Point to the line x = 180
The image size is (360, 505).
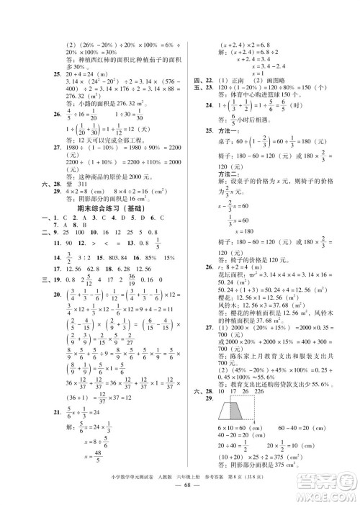point(232,231)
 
